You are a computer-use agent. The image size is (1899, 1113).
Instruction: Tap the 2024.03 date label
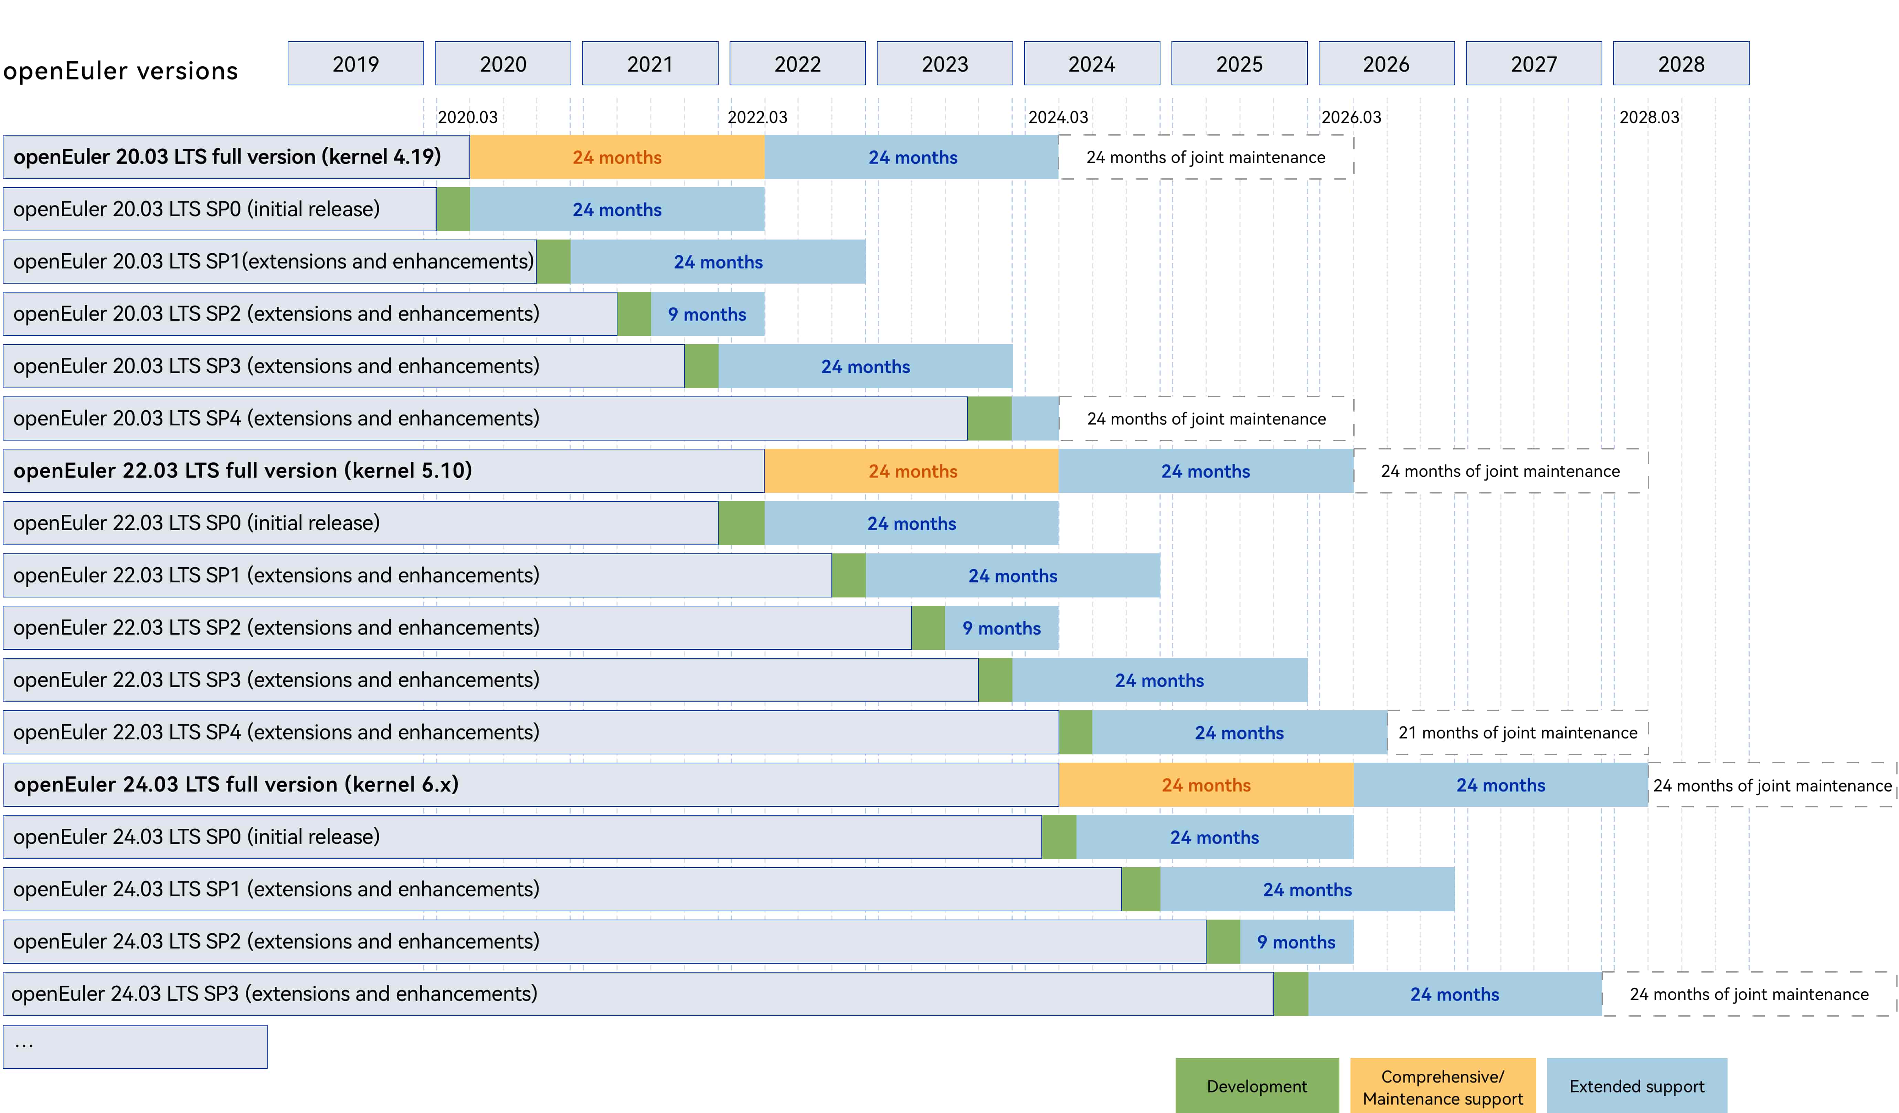[1058, 118]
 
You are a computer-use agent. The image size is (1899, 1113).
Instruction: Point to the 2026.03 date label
[1351, 118]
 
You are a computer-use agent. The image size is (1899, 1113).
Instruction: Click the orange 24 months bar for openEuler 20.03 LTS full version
[616, 157]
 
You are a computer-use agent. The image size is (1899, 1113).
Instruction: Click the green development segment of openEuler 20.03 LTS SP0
[453, 210]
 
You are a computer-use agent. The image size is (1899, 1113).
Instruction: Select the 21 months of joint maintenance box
[1518, 732]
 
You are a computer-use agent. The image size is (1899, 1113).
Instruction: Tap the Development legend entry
[1257, 1086]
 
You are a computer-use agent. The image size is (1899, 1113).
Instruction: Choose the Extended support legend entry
[1637, 1086]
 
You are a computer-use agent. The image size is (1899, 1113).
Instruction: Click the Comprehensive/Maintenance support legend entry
[1442, 1086]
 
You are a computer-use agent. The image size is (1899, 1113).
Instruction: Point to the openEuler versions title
[120, 71]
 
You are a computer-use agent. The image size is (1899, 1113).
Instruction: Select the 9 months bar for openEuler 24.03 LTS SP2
[1296, 942]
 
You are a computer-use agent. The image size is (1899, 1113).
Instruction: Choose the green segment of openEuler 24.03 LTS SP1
[1140, 889]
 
